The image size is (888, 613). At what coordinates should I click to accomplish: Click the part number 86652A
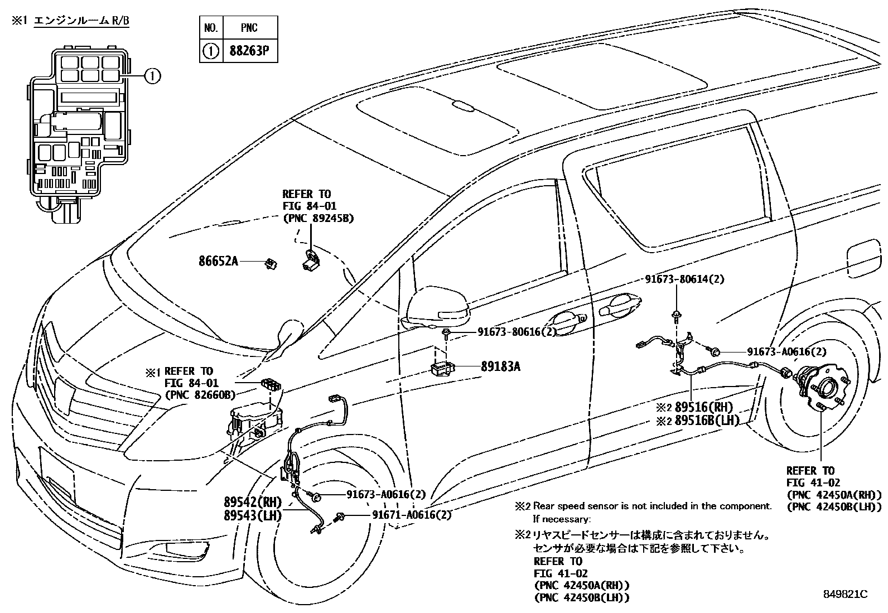pyautogui.click(x=218, y=260)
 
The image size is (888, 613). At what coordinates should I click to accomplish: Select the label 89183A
pyautogui.click(x=500, y=366)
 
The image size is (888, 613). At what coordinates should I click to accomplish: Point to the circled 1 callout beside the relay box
pyautogui.click(x=152, y=75)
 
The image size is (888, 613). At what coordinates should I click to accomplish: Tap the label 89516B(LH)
pyautogui.click(x=706, y=421)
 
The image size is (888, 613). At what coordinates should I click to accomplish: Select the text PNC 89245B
pyautogui.click(x=318, y=218)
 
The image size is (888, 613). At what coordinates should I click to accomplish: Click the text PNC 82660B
pyautogui.click(x=200, y=395)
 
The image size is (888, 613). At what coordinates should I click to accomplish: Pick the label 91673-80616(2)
pyautogui.click(x=517, y=332)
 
